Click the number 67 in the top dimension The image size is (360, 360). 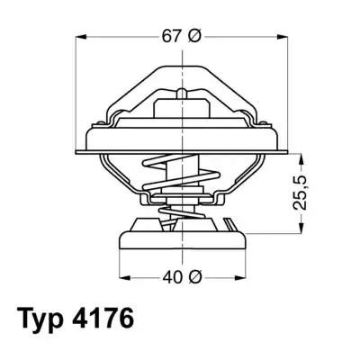click(169, 36)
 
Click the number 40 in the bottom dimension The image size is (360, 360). click(169, 276)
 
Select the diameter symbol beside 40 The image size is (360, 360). click(193, 276)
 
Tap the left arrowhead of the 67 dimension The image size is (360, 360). click(80, 36)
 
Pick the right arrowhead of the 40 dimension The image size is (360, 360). click(240, 276)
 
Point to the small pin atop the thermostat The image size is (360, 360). click(183, 93)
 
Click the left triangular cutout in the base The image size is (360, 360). click(144, 224)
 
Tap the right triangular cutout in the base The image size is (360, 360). click(222, 224)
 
